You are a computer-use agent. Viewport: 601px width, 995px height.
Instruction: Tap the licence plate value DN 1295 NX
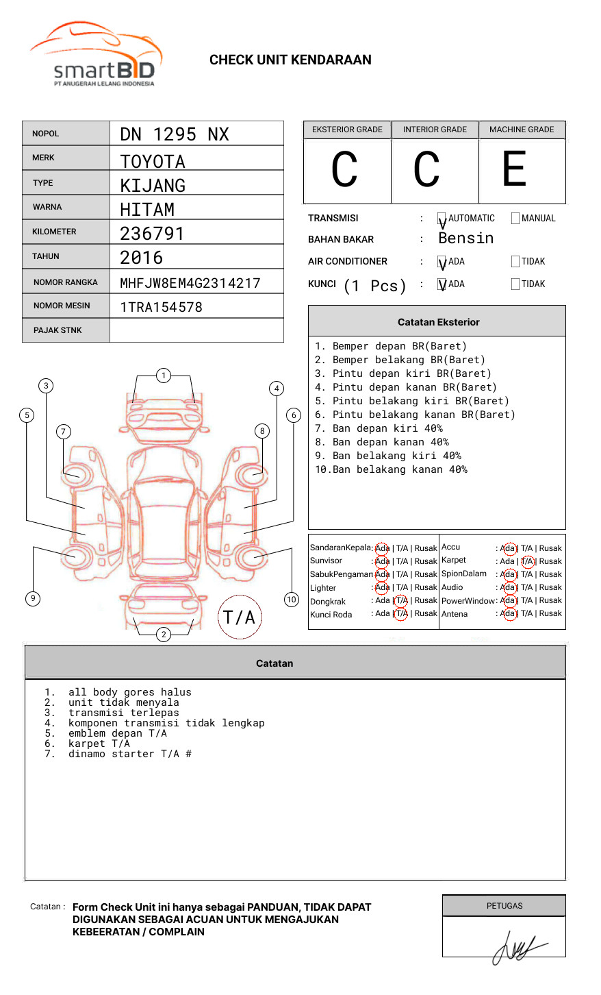pyautogui.click(x=175, y=134)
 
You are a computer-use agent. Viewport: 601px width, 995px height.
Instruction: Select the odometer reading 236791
pyautogui.click(x=152, y=234)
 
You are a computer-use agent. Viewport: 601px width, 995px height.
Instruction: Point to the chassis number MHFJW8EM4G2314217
pyautogui.click(x=190, y=283)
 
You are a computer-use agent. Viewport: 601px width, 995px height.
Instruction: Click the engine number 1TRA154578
pyautogui.click(x=161, y=307)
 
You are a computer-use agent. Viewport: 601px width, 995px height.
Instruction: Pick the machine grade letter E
pyautogui.click(x=514, y=169)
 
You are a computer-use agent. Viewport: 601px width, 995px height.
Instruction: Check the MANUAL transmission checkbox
pyautogui.click(x=515, y=219)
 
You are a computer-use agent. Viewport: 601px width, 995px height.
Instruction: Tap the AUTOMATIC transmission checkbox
pyautogui.click(x=442, y=219)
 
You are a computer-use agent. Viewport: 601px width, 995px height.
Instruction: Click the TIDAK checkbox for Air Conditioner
pyautogui.click(x=515, y=262)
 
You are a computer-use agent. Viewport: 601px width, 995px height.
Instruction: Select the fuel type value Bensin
pyautogui.click(x=465, y=238)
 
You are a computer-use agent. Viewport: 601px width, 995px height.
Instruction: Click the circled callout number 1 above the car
pyautogui.click(x=163, y=376)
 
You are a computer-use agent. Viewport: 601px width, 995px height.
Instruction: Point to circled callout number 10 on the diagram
pyautogui.click(x=292, y=600)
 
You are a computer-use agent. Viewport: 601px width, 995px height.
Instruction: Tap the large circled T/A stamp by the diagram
pyautogui.click(x=240, y=617)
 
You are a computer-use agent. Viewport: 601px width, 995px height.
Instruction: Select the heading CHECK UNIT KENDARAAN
pyautogui.click(x=290, y=60)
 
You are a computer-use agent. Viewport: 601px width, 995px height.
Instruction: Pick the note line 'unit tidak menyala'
pyautogui.click(x=123, y=703)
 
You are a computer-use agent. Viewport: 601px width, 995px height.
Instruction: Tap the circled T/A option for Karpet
pyautogui.click(x=527, y=561)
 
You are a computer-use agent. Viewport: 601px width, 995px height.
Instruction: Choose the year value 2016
pyautogui.click(x=142, y=258)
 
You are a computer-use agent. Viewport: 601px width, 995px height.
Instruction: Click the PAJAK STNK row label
pyautogui.click(x=57, y=330)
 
